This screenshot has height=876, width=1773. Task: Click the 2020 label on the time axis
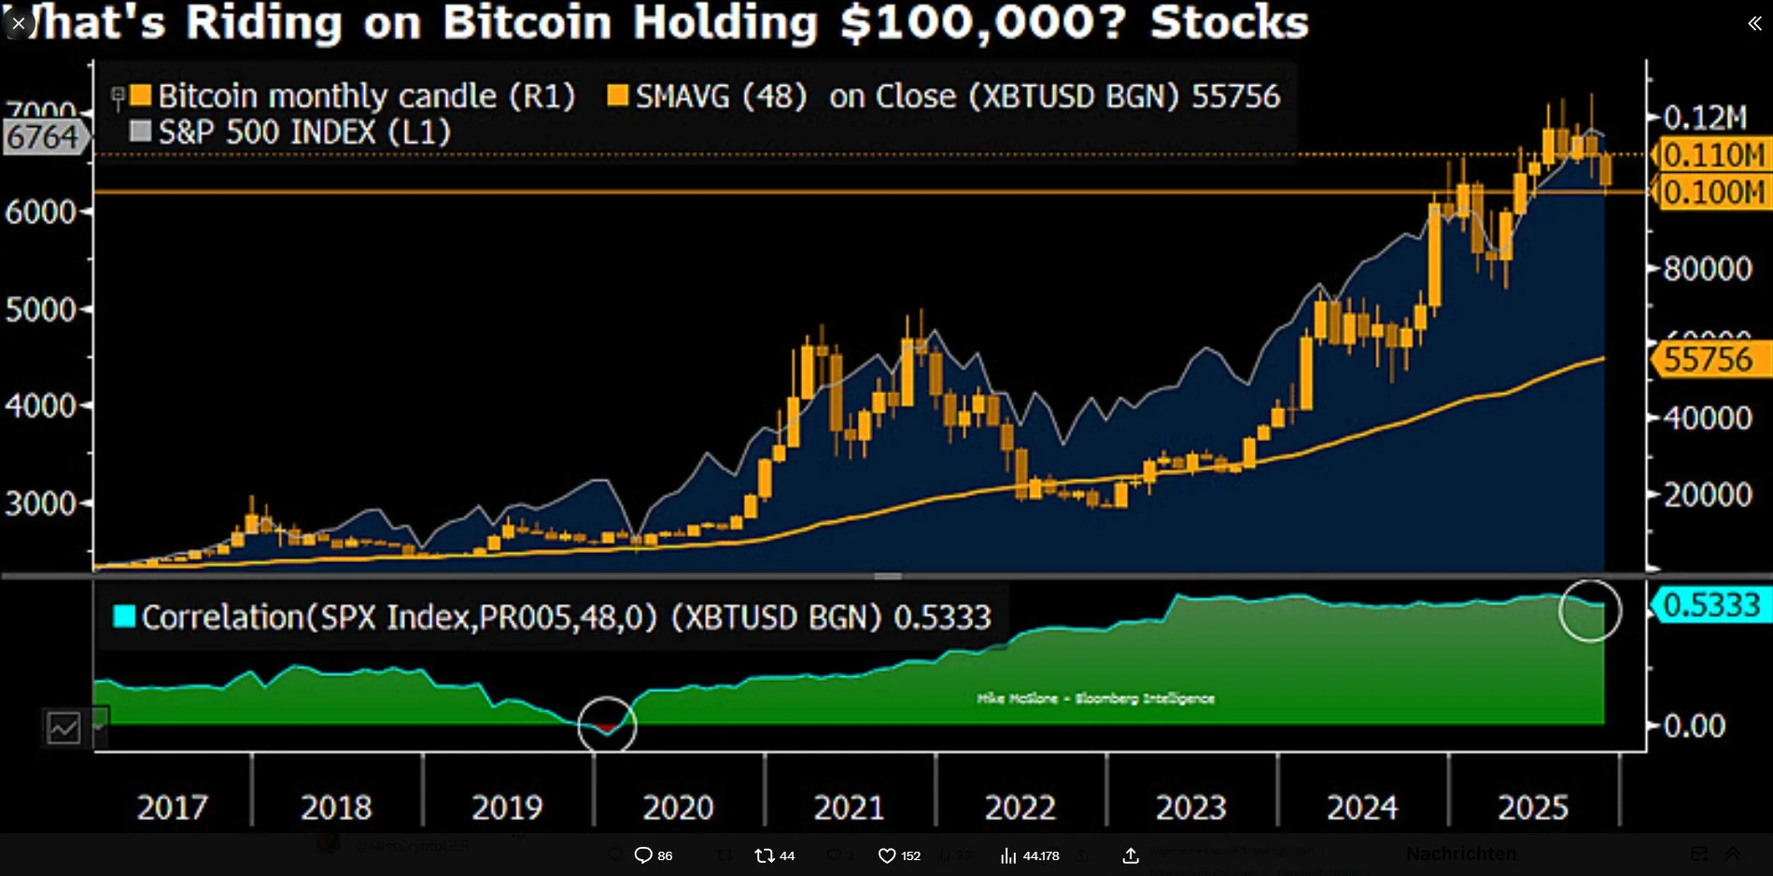tap(678, 807)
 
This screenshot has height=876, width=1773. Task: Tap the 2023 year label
tap(1190, 807)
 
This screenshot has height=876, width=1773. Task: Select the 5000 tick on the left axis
tap(41, 309)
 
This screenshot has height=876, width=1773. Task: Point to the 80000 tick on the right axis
tap(1708, 269)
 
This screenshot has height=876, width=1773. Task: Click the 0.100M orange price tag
tap(1713, 192)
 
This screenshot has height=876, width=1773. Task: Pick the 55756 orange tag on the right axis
tap(1710, 360)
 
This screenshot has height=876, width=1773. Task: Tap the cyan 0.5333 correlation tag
tap(1710, 605)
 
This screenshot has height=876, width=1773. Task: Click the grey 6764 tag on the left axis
tap(43, 137)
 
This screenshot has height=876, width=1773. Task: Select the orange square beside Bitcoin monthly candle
tap(141, 95)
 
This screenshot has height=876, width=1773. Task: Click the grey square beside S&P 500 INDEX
tap(141, 132)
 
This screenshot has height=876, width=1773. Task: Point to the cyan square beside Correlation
tap(124, 616)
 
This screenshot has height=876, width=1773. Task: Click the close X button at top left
tap(18, 22)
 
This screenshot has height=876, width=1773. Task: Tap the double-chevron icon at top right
tap(1754, 23)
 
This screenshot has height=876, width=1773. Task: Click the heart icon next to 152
tap(887, 855)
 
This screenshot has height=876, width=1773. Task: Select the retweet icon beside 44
tap(765, 855)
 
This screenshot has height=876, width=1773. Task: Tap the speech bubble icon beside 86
tap(643, 855)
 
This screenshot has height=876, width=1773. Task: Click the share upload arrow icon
tap(1131, 855)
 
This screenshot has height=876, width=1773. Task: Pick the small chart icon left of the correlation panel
tap(64, 728)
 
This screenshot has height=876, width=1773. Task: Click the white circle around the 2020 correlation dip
tap(607, 725)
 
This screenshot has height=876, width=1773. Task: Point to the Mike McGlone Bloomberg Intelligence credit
tap(1095, 699)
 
